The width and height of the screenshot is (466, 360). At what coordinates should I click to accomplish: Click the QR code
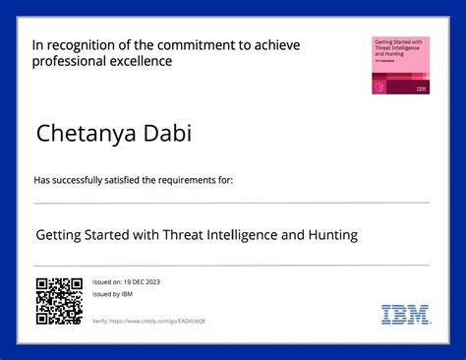click(59, 301)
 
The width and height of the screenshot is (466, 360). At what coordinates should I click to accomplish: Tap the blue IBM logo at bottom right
click(405, 314)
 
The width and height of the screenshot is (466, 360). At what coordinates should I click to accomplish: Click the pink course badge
click(400, 65)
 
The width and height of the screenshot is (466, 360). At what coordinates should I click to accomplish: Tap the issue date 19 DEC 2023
click(140, 282)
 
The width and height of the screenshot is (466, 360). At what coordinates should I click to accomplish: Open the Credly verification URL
click(157, 321)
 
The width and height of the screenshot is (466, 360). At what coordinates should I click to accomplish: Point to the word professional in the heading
click(68, 61)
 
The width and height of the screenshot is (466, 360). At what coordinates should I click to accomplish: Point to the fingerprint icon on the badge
click(379, 87)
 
